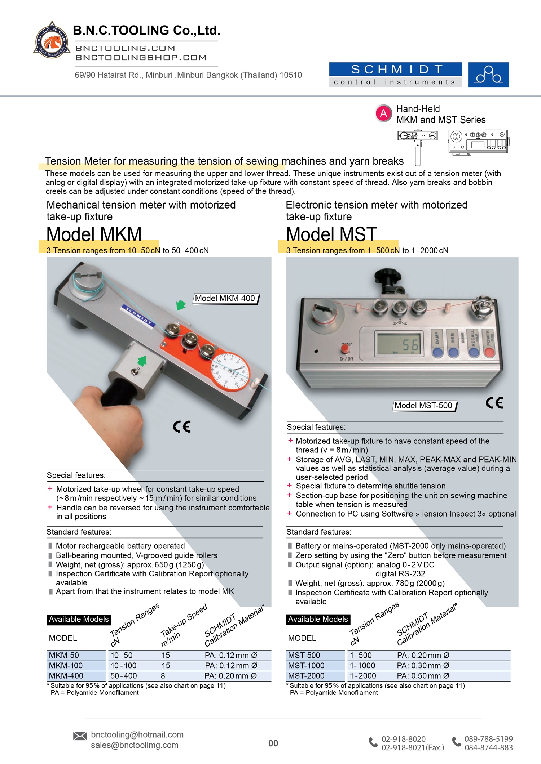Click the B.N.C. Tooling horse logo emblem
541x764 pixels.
[52, 40]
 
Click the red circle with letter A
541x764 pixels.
[383, 114]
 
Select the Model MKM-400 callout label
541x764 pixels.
[225, 299]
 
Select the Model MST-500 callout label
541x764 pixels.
[423, 406]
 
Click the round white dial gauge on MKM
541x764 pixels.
[230, 371]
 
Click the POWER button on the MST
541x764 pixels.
[489, 351]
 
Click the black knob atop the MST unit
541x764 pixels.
[387, 277]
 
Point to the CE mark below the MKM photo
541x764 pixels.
[181, 427]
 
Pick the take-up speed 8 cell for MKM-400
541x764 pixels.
[163, 676]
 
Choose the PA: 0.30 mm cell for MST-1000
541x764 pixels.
[423, 666]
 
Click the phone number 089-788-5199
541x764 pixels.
[488, 739]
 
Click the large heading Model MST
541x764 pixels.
[331, 234]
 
